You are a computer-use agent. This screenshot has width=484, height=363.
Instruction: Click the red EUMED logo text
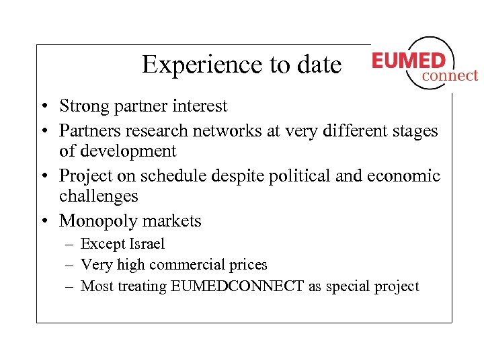coord(408,61)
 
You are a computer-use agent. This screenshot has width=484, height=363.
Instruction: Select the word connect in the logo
coord(450,76)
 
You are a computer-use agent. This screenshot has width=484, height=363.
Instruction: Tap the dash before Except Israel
coord(69,244)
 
